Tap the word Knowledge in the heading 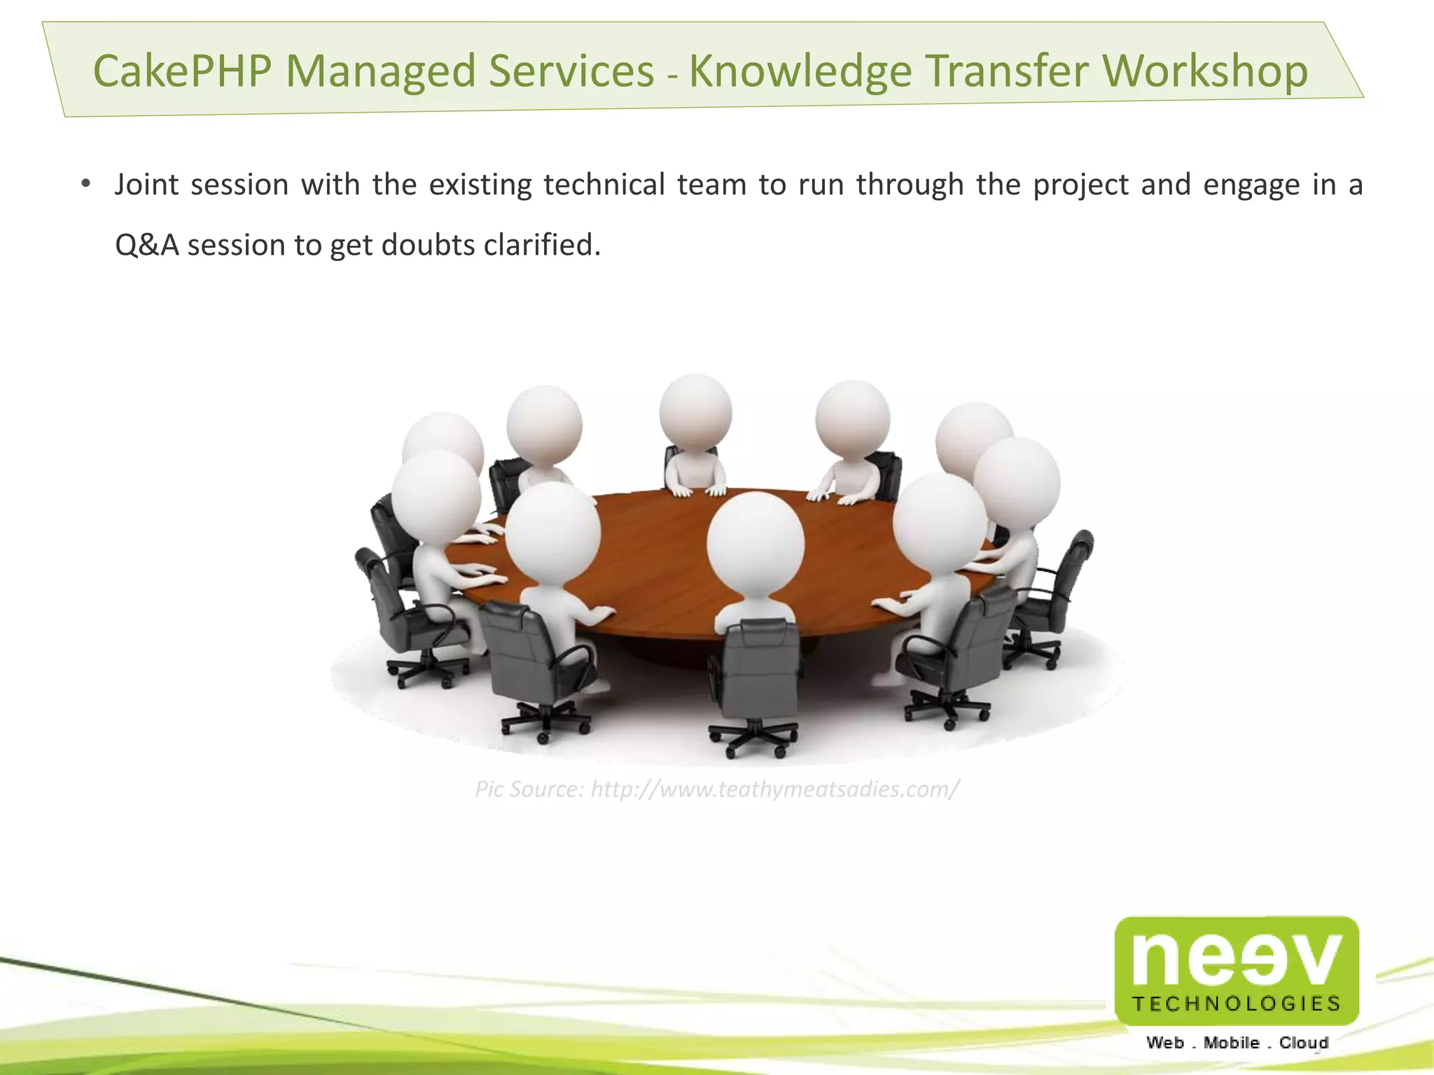pyautogui.click(x=800, y=71)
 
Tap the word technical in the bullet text pyautogui.click(x=604, y=185)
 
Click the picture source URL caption pyautogui.click(x=716, y=789)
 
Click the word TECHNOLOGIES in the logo pyautogui.click(x=1236, y=1004)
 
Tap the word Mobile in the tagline pyautogui.click(x=1231, y=1043)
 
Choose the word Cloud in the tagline pyautogui.click(x=1303, y=1043)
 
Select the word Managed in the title pyautogui.click(x=381, y=71)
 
